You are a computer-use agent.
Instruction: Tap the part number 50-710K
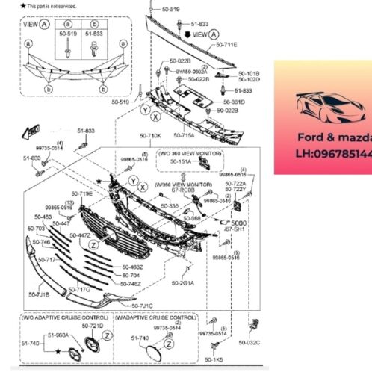[x=150, y=136]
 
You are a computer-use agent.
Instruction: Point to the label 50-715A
[x=184, y=136]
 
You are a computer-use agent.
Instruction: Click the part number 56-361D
[x=234, y=101]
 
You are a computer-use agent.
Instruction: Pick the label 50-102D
[x=249, y=79]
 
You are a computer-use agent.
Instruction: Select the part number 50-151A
[x=180, y=161]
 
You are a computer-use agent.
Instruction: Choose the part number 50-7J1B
[x=39, y=294]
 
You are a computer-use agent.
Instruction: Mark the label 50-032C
[x=249, y=342]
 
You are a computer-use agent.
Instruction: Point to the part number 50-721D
[x=91, y=326]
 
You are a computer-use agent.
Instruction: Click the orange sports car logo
[x=322, y=108]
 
